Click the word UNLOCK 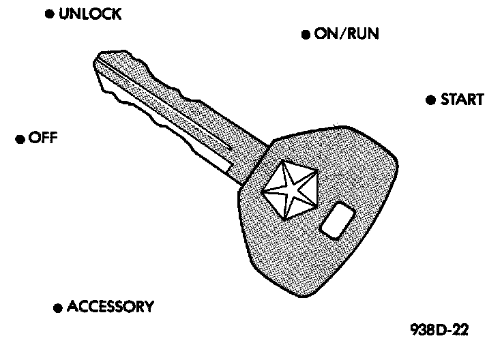[90, 14]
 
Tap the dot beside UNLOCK [49, 14]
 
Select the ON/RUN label [346, 34]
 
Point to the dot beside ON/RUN [306, 35]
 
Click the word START [462, 100]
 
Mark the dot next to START [430, 100]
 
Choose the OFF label [43, 138]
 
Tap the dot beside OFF [20, 139]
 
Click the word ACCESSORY [110, 307]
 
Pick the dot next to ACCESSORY [58, 307]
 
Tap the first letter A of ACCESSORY [73, 307]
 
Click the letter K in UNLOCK [116, 14]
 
